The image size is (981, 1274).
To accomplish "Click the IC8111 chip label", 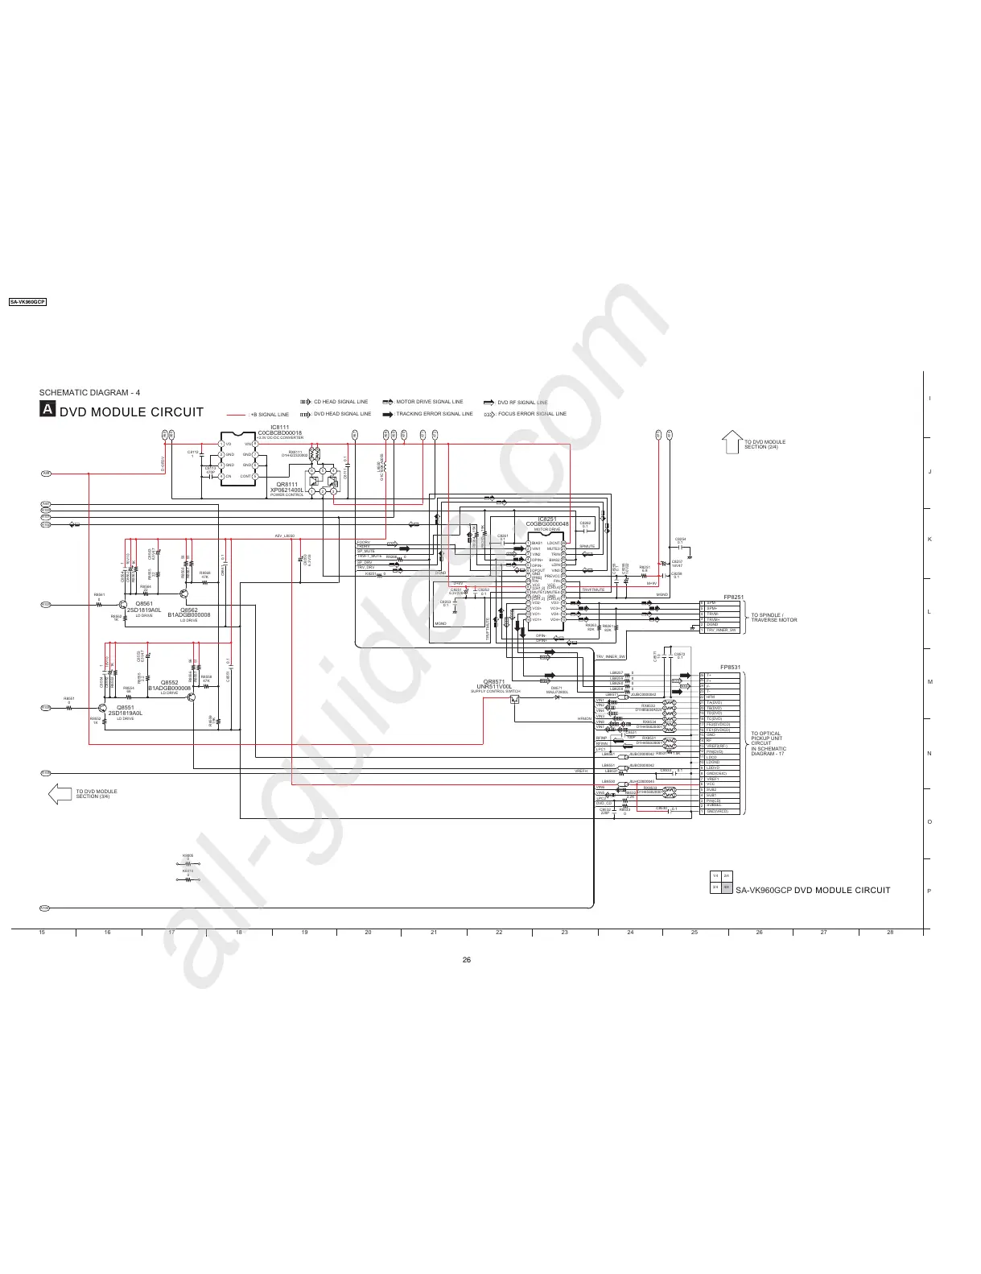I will tap(279, 428).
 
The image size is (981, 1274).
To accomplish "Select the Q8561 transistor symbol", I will tap(123, 604).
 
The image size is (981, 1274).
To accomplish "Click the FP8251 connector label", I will tap(733, 597).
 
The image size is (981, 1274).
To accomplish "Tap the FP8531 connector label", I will tap(730, 667).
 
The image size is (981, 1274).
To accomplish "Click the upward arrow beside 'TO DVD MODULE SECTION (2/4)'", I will tap(732, 441).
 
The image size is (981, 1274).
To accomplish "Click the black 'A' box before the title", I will tap(47, 410).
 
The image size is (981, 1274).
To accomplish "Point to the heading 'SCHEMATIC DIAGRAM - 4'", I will tap(89, 392).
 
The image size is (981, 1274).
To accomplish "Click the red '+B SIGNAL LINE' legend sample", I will tap(236, 415).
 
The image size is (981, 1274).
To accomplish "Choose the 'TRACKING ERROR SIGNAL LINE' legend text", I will tap(435, 414).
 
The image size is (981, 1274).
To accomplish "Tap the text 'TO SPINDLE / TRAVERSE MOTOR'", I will tap(773, 618).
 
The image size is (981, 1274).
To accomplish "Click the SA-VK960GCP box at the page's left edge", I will tap(27, 301).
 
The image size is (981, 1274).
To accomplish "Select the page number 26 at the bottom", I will tap(467, 959).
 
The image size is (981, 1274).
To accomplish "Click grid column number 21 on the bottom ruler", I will tap(434, 932).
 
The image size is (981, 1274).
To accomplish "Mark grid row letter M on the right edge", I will tap(929, 682).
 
